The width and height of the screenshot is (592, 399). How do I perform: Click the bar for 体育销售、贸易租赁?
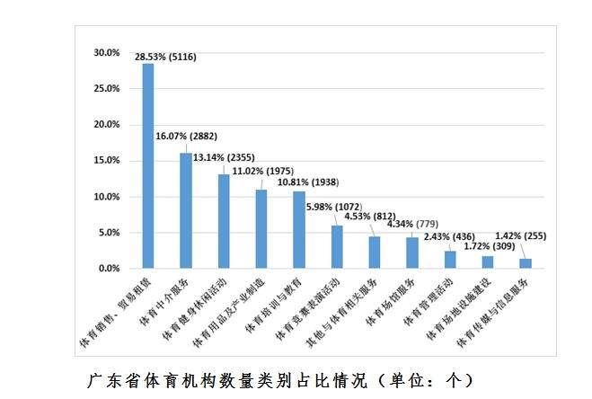148,166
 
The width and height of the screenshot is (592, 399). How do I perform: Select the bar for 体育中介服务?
186,211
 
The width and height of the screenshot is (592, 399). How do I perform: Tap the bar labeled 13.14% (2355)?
224,221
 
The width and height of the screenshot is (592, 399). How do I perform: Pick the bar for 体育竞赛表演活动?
337,247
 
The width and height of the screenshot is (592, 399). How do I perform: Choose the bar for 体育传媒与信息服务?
525,263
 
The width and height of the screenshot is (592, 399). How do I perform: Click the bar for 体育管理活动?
450,260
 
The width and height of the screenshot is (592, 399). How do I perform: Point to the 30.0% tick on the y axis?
106,53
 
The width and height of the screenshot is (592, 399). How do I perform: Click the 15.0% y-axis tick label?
106,161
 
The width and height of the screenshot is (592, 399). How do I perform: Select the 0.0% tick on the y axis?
108,269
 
